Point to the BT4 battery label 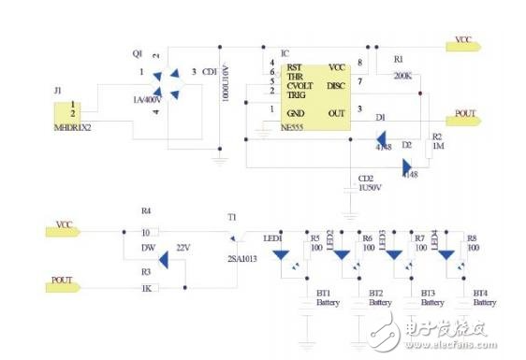(481, 293)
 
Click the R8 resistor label (471, 238)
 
